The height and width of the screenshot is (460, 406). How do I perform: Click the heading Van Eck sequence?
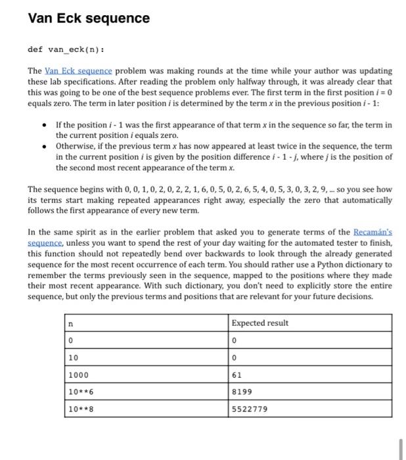pyautogui.click(x=89, y=18)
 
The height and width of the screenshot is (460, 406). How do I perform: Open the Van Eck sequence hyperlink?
pyautogui.click(x=78, y=70)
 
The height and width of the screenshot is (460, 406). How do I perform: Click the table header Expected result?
pyautogui.click(x=259, y=323)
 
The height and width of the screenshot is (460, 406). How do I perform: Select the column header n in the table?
pyautogui.click(x=71, y=323)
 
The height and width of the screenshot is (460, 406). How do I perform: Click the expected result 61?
pyautogui.click(x=237, y=375)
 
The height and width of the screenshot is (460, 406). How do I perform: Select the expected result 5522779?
pyautogui.click(x=250, y=409)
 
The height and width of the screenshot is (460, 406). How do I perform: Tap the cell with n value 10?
pyautogui.click(x=74, y=357)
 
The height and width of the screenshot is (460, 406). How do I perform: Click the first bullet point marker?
pyautogui.click(x=43, y=125)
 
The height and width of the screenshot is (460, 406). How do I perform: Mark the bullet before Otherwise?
pyautogui.click(x=43, y=147)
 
